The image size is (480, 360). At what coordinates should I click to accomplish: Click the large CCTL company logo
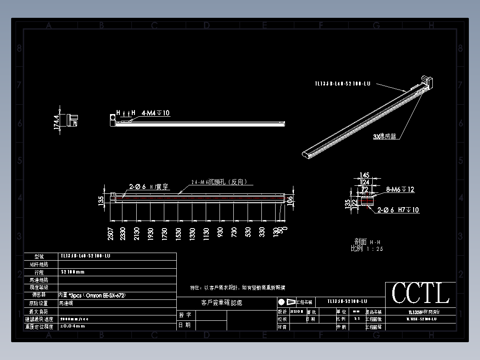tap(420, 293)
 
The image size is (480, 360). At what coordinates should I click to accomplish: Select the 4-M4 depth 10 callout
tap(155, 113)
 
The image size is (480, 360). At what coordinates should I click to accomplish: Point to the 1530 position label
tap(179, 233)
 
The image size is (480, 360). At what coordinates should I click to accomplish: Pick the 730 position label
tap(234, 233)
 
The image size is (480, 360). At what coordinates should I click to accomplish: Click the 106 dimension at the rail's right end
tap(290, 202)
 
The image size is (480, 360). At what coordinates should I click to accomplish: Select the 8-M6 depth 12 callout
tap(400, 189)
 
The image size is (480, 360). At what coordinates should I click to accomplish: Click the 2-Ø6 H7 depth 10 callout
tap(398, 209)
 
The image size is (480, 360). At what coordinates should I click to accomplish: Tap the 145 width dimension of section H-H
tap(364, 175)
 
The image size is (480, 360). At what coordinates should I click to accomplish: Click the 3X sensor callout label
tap(385, 137)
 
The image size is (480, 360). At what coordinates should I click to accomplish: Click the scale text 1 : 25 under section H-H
tap(374, 249)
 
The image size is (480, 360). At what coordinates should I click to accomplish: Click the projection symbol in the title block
tap(287, 302)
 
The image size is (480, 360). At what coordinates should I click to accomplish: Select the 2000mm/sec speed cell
tap(74, 319)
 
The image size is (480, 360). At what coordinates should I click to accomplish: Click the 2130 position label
tap(137, 233)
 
